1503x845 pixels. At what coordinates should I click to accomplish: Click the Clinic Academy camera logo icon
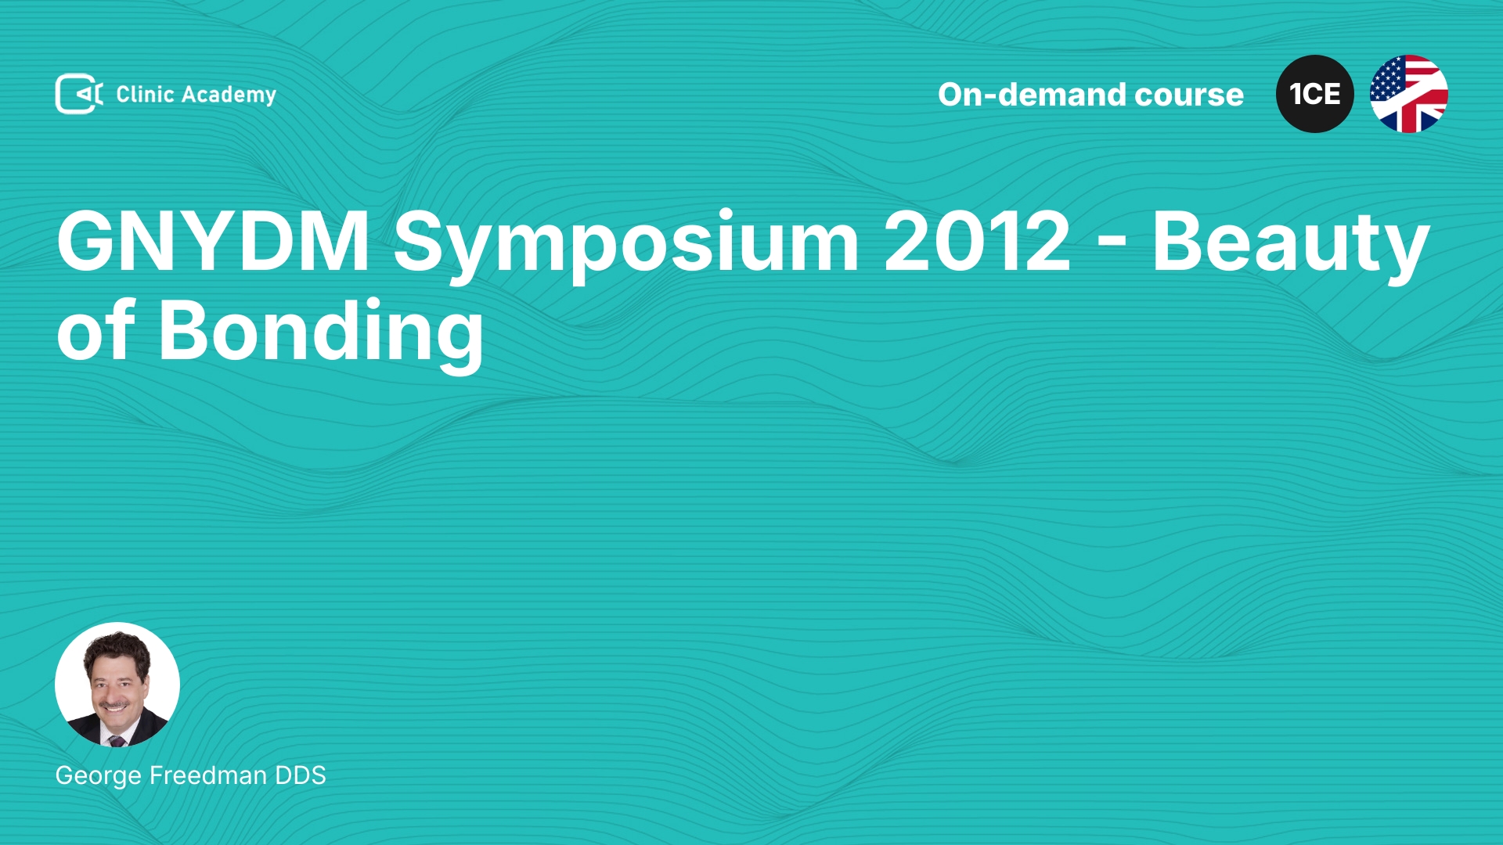coord(79,94)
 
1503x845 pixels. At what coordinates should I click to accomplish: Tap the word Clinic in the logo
coord(145,94)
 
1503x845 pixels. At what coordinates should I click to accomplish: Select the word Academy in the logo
coord(229,95)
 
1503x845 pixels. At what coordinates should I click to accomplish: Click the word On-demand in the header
coord(1031,95)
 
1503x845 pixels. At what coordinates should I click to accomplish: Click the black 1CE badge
coord(1315,94)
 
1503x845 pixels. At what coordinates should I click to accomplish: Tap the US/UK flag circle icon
coord(1409,94)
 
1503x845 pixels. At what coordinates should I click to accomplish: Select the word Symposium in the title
coord(626,246)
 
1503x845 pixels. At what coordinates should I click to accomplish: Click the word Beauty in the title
coord(1291,246)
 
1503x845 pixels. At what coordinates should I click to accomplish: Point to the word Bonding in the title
coord(321,335)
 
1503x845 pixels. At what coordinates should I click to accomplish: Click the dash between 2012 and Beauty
coord(1112,248)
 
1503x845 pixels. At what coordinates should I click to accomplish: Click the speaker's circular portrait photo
coord(117,685)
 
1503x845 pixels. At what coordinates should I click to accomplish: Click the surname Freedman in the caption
coord(208,775)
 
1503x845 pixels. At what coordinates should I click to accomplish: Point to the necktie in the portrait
coord(117,740)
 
